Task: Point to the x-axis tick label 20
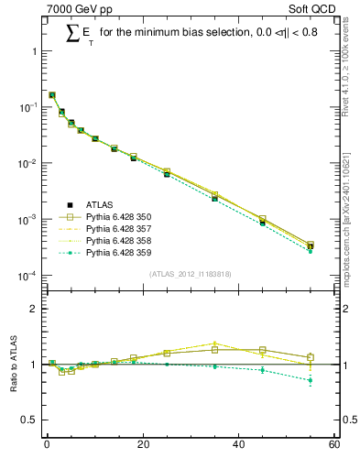click(142, 446)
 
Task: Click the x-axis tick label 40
click(238, 446)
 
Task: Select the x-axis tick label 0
click(47, 446)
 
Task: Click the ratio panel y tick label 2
click(34, 309)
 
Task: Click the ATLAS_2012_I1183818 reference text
click(190, 274)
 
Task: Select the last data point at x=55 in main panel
click(311, 245)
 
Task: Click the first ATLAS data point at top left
click(52, 94)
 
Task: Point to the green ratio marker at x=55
click(311, 380)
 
